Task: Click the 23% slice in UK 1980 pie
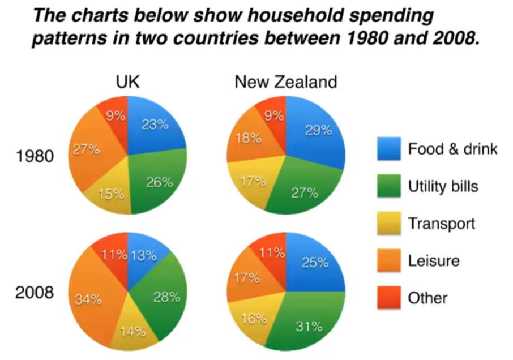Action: point(154,126)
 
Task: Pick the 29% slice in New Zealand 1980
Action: point(317,131)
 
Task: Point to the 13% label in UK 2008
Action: point(143,255)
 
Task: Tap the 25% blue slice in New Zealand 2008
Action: point(315,263)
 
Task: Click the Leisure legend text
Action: point(434,261)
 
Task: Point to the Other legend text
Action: point(427,298)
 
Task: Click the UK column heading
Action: point(127,83)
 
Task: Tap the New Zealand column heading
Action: point(286,83)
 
